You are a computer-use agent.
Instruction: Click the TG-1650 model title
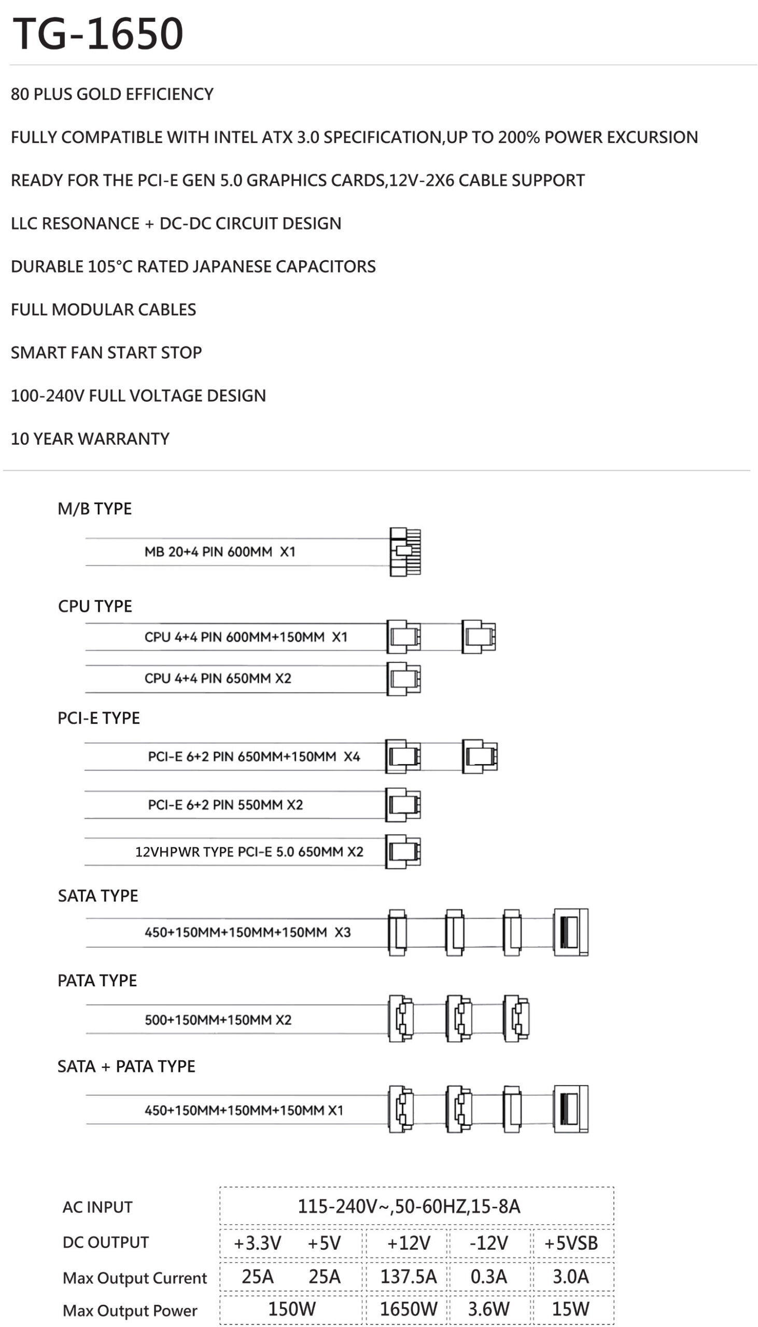pyautogui.click(x=98, y=34)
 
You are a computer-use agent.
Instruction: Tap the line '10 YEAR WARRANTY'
pyautogui.click(x=90, y=439)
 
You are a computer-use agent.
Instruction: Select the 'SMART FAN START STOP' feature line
pyautogui.click(x=106, y=353)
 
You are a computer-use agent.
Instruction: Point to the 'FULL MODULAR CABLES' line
pyautogui.click(x=104, y=309)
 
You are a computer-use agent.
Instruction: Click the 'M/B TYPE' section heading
pyautogui.click(x=95, y=509)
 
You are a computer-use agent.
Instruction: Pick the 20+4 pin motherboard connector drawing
pyautogui.click(x=405, y=552)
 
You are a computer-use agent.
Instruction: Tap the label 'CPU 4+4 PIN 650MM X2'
pyautogui.click(x=218, y=678)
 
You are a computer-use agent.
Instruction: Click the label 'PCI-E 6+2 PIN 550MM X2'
pyautogui.click(x=226, y=804)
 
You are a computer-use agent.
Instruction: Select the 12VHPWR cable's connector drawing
pyautogui.click(x=403, y=852)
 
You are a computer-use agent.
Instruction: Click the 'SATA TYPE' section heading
pyautogui.click(x=98, y=896)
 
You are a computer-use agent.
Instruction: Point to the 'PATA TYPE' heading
pyautogui.click(x=97, y=980)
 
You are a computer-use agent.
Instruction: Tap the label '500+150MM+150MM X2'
pyautogui.click(x=218, y=1020)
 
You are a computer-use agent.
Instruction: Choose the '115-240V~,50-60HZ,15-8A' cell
pyautogui.click(x=409, y=1206)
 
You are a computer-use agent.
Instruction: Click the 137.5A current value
pyautogui.click(x=409, y=1277)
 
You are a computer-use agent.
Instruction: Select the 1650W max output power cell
pyautogui.click(x=409, y=1309)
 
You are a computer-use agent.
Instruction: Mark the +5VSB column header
pyautogui.click(x=571, y=1243)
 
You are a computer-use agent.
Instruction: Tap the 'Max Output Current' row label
pyautogui.click(x=135, y=1278)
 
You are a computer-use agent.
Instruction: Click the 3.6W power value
pyautogui.click(x=489, y=1309)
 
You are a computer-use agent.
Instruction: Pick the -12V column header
pyautogui.click(x=489, y=1243)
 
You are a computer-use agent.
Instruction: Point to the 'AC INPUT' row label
pyautogui.click(x=97, y=1207)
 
